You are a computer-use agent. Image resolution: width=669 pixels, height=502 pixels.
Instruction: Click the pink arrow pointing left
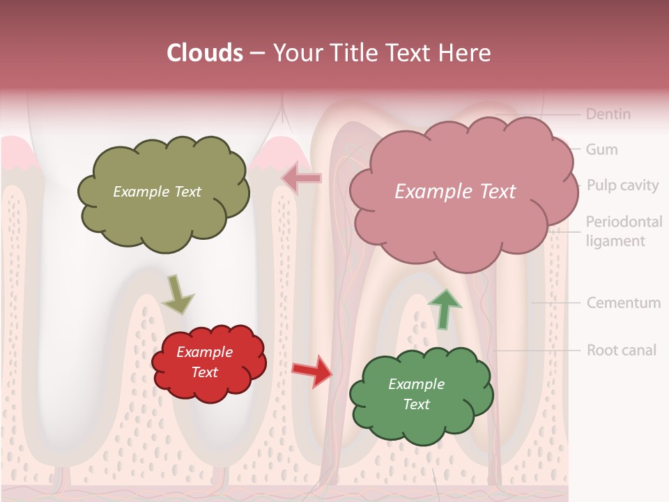(301, 178)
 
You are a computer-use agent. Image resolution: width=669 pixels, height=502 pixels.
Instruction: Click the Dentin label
(608, 114)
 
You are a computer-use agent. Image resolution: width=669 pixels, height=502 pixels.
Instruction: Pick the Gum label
(601, 149)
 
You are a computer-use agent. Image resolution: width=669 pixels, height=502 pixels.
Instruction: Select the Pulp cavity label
(622, 185)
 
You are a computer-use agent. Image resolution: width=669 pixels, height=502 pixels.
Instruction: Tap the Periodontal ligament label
(623, 231)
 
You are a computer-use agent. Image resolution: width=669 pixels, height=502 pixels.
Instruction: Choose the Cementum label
(623, 303)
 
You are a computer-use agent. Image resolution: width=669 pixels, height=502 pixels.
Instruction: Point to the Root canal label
(621, 349)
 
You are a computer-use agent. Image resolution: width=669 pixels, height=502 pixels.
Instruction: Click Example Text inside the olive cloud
(157, 192)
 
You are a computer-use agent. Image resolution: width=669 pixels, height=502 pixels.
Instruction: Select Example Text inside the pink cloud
(455, 192)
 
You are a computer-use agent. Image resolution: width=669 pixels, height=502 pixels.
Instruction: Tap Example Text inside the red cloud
(204, 362)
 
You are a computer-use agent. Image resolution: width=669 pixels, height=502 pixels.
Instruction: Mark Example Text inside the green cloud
(416, 394)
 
